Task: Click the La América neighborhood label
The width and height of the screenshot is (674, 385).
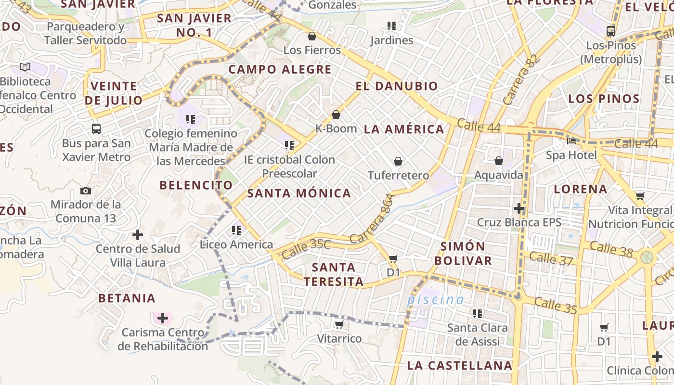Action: coord(404,129)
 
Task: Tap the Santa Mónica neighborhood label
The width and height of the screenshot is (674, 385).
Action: coord(299,193)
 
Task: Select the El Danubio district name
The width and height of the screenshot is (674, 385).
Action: coord(397,87)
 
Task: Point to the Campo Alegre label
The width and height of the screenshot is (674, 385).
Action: coord(280,69)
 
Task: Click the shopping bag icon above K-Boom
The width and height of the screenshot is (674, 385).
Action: coord(336,115)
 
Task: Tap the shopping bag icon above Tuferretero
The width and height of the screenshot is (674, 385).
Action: coord(398,161)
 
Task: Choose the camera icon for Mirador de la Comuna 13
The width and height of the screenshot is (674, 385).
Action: coord(86,191)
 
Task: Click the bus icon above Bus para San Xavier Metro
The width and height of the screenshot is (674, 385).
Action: coord(96,129)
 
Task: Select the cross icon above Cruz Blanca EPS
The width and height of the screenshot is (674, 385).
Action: coord(519,208)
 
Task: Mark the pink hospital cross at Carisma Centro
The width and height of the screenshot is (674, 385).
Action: coord(163,318)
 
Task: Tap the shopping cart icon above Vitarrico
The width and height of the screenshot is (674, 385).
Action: coord(339,325)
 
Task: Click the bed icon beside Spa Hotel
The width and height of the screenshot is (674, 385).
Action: coord(571,141)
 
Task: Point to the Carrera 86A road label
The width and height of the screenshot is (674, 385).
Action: coord(373,219)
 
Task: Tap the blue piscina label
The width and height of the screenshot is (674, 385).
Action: coord(435,300)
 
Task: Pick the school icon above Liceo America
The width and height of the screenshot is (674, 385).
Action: coord(236,231)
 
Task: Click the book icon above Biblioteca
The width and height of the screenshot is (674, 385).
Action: coord(25,67)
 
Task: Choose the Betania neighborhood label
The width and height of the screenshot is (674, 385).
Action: coord(127,298)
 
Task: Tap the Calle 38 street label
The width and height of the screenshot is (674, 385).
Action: coord(611,249)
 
